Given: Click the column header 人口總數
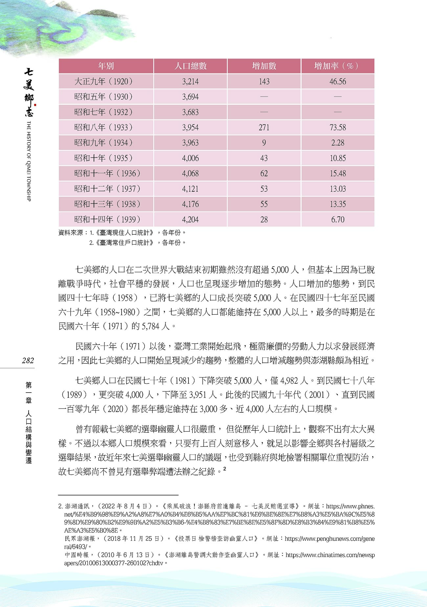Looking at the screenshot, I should coord(190,66).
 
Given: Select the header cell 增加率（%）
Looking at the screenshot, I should coord(337,66).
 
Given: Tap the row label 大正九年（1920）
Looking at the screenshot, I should coord(103,81).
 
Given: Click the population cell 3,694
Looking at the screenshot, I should coord(190,97).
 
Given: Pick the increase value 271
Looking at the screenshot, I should coord(264,127).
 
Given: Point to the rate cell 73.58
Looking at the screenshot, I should coord(338,127).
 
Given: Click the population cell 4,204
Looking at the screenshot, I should coord(190,219).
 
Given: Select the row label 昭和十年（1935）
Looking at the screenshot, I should coord(103,158).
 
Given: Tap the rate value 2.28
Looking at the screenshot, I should coord(338,143).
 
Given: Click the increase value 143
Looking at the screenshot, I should coord(264,81).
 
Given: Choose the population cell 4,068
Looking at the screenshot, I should coord(190,173).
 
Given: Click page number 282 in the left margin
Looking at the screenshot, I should coord(28,360).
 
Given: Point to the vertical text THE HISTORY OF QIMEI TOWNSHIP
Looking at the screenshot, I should coord(29,161).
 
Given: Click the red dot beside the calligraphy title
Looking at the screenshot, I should coord(35,105).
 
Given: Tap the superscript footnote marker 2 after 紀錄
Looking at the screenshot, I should coord(225,469).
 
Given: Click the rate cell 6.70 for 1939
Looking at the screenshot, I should coord(338,219).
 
